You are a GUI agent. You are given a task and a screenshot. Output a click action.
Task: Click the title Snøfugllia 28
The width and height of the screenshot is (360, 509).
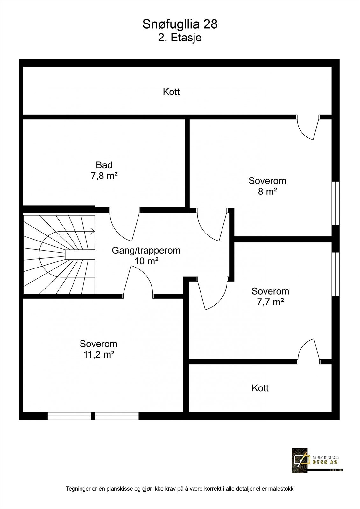180,24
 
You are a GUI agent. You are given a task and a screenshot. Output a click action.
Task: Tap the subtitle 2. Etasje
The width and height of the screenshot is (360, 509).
180,38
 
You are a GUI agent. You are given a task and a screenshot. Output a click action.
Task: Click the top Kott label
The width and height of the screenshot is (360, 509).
171,92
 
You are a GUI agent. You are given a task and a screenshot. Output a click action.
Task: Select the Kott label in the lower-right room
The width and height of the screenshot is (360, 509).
260,388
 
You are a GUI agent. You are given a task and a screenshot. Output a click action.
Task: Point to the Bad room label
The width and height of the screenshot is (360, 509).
104,165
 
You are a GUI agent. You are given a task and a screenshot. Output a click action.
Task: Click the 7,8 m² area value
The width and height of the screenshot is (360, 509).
104,176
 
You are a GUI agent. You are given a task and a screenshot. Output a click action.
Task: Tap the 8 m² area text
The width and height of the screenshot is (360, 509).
267,192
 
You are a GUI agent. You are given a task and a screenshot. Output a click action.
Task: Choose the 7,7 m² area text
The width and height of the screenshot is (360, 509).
271,302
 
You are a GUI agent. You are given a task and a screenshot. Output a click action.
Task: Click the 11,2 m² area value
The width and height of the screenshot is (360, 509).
99,354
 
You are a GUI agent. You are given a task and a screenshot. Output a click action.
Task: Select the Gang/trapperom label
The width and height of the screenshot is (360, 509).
146,250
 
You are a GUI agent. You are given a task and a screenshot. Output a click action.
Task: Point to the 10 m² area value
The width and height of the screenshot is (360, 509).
146,261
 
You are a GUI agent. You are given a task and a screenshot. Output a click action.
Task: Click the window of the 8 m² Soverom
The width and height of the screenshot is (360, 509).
335,203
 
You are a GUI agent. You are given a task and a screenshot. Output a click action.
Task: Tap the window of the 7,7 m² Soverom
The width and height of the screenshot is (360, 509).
335,274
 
